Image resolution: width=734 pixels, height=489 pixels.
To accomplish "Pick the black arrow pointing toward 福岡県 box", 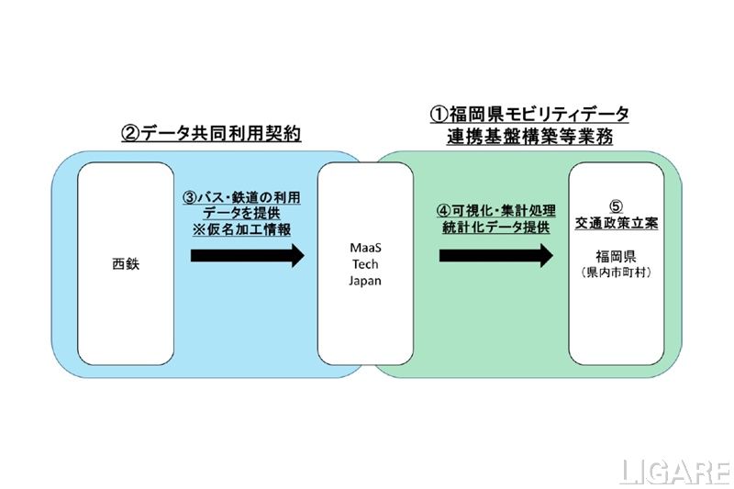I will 496,255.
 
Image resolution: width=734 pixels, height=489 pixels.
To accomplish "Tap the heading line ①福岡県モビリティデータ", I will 529,115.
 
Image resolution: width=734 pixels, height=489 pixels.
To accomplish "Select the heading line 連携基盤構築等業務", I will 529,136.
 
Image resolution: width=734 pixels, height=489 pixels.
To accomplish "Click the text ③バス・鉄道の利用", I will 240,196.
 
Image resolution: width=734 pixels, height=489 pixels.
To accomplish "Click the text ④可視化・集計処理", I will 495,211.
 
